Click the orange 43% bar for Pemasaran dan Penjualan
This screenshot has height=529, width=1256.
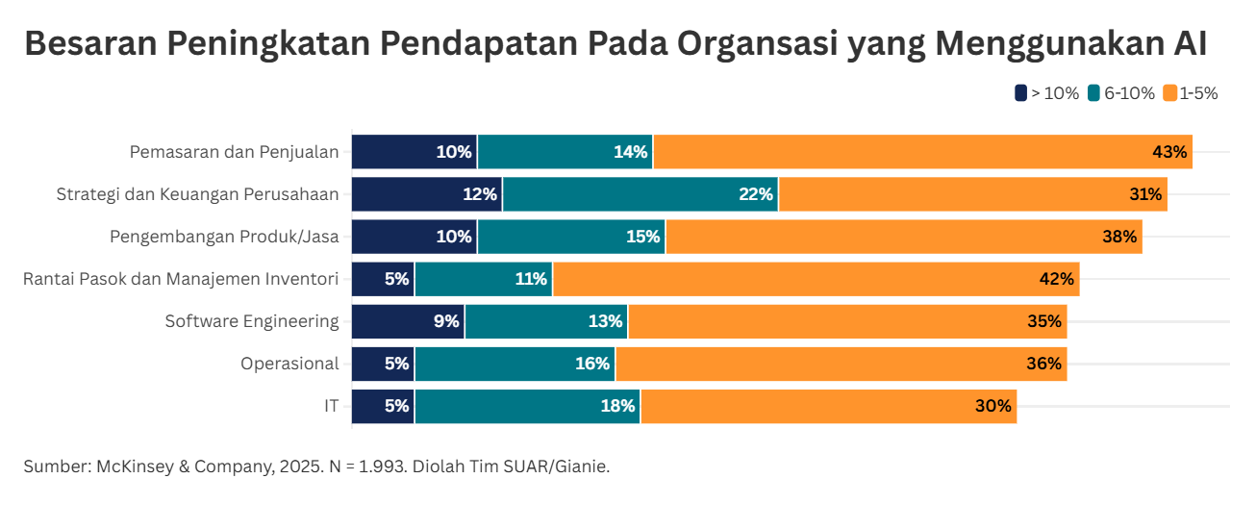click(922, 152)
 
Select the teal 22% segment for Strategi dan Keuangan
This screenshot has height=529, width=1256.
click(640, 194)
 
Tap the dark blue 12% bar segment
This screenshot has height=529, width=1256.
click(426, 194)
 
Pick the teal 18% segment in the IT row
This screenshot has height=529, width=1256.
click(527, 406)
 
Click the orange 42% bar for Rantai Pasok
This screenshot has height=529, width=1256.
click(816, 279)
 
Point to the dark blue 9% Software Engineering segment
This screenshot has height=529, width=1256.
click(408, 321)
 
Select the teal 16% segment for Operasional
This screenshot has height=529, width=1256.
click(515, 364)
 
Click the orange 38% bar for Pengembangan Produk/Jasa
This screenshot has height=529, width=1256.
click(904, 237)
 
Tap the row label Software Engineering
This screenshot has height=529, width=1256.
click(252, 321)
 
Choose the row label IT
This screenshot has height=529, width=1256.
click(331, 406)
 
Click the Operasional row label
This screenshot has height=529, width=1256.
click(289, 364)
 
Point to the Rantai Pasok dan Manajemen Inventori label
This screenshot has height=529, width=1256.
click(181, 279)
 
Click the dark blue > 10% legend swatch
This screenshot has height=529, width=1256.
click(1020, 93)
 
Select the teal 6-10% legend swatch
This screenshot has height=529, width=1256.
click(1094, 93)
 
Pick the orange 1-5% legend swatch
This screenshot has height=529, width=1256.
click(1169, 93)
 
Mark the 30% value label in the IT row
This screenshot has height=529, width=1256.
click(992, 406)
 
